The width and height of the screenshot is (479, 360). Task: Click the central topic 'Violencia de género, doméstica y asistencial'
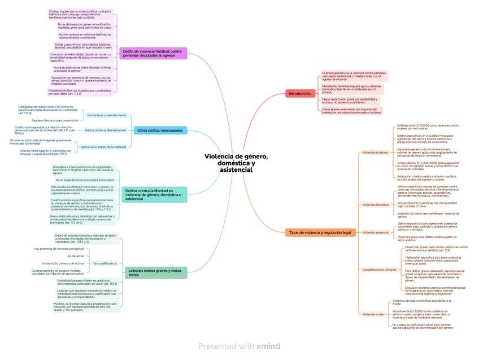[236, 163]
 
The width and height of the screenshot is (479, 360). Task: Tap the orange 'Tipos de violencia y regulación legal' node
[320, 232]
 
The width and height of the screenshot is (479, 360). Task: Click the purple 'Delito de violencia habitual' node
[153, 53]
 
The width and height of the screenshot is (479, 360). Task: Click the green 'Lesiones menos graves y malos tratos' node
[155, 272]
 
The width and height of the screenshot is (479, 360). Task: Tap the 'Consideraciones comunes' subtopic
[379, 270]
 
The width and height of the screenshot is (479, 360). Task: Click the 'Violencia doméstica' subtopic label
[376, 205]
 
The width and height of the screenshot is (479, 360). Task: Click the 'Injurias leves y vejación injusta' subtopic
[107, 115]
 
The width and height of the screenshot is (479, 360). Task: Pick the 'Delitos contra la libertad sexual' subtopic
[106, 130]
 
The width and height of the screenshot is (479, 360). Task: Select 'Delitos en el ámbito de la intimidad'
[104, 146]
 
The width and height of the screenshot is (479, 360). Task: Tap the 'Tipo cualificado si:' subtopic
[105, 263]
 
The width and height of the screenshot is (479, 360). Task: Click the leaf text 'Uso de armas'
[75, 256]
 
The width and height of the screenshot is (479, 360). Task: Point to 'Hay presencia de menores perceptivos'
[59, 249]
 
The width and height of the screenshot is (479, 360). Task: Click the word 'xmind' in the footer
[268, 346]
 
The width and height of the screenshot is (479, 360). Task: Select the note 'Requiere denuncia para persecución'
[55, 120]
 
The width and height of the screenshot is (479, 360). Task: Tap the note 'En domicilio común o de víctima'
[63, 263]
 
